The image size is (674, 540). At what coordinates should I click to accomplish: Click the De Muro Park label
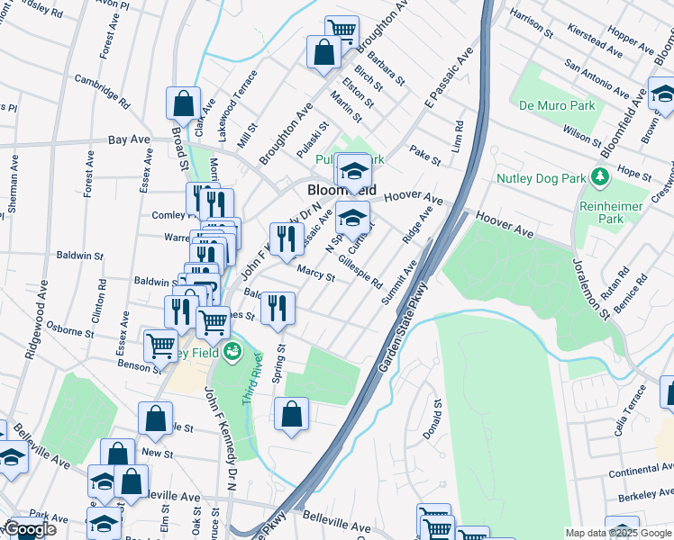tap(557, 105)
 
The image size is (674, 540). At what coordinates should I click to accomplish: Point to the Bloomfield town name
tap(342, 191)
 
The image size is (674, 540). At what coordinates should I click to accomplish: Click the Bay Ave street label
tap(129, 140)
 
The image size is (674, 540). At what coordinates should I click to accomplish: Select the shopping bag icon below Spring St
tap(291, 415)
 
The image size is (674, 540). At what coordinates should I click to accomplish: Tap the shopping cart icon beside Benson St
tap(160, 345)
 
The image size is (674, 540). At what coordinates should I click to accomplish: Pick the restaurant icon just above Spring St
tap(278, 308)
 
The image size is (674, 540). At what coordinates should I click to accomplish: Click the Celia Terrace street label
tap(631, 410)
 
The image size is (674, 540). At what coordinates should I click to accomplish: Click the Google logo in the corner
tap(31, 529)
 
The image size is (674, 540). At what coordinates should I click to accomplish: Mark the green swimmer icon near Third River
tap(232, 351)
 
